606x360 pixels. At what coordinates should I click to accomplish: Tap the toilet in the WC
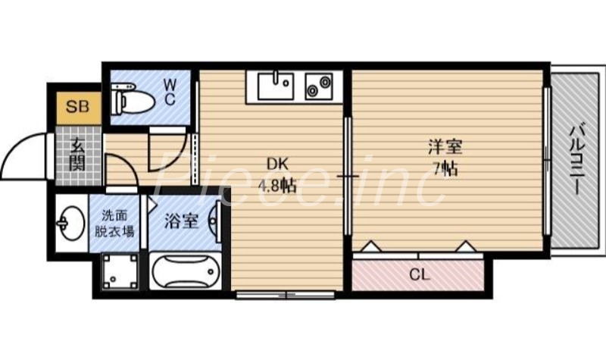(132, 99)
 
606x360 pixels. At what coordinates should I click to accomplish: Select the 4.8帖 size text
(276, 186)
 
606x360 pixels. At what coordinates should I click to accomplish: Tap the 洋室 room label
(445, 146)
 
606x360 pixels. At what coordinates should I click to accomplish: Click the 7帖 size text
(445, 168)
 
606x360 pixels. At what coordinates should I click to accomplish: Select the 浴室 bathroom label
(182, 221)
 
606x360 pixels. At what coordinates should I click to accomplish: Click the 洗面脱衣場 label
(115, 223)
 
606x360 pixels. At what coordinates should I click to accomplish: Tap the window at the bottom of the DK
(285, 294)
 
